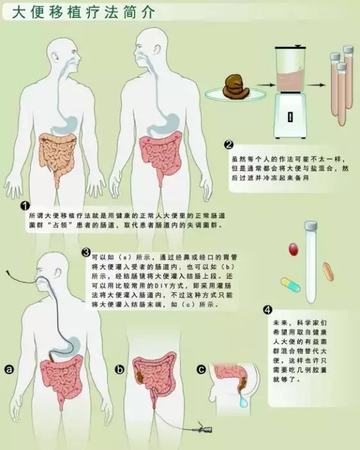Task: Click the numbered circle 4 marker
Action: point(268,310)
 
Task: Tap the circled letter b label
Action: point(119,370)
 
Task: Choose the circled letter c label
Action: point(201,370)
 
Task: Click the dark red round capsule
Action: point(293,248)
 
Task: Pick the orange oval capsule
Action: point(328,271)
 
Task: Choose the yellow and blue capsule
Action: point(290,284)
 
